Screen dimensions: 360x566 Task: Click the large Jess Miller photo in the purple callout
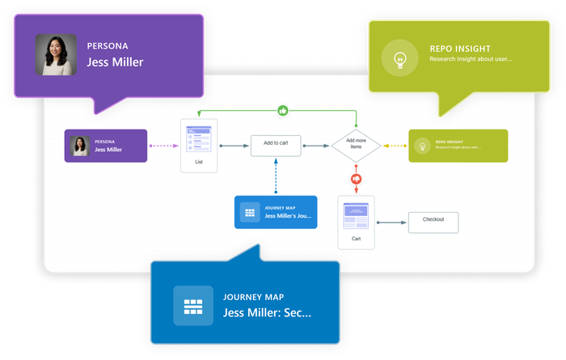(56, 54)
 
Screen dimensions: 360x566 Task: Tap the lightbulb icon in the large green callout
(398, 60)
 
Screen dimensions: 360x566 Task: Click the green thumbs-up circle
(283, 110)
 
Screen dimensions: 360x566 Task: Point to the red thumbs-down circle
(355, 178)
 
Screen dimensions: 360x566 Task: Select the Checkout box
(433, 222)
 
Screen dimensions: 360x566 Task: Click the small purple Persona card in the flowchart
(106, 146)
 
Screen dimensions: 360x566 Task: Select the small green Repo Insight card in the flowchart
(458, 146)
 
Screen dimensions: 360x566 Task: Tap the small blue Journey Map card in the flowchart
(275, 212)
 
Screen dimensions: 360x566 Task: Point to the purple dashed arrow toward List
(163, 146)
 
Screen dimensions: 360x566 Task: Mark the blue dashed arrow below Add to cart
(276, 176)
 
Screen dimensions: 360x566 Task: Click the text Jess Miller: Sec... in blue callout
(266, 312)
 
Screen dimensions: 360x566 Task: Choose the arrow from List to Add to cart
(234, 146)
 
